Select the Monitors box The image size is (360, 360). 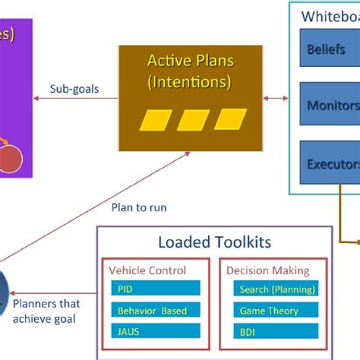[331, 106]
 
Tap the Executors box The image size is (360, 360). [331, 162]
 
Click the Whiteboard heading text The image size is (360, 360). [330, 16]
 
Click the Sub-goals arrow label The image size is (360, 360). [73, 88]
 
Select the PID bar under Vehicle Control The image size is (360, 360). [155, 289]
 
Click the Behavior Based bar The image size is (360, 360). [155, 311]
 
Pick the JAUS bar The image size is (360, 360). [155, 332]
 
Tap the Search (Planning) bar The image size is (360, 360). [273, 289]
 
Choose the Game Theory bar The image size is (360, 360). [273, 311]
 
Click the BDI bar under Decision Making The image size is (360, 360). [273, 332]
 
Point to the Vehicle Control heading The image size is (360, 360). [148, 270]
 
